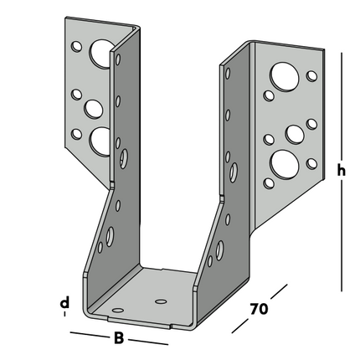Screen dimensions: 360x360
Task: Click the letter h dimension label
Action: coord(341,171)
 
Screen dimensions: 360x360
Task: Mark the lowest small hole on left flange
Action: coord(77,133)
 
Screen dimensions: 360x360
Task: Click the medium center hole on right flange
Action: coord(295,133)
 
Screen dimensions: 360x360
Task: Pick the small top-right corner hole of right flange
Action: coord(312,76)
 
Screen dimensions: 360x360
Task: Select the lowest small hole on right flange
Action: coord(270,180)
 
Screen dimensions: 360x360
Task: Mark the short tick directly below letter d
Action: coord(64,316)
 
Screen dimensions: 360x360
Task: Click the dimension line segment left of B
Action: coord(88,336)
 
